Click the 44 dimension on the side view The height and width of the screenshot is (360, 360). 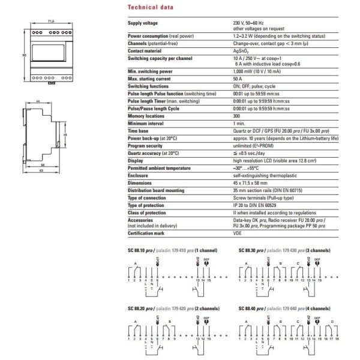(x=37, y=102)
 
